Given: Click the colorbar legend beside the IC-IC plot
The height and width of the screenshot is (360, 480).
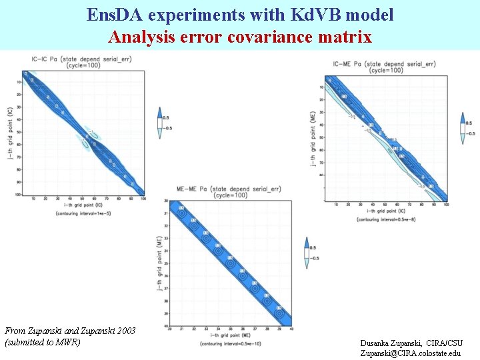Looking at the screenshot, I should (159, 122).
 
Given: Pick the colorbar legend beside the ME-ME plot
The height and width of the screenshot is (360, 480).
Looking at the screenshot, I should (307, 253).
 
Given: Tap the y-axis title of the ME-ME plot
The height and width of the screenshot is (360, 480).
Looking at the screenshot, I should (160, 263).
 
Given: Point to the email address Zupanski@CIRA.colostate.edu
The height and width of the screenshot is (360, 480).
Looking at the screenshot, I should (410, 353).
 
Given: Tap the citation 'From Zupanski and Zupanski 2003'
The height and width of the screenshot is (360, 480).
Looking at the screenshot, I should (70, 331).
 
